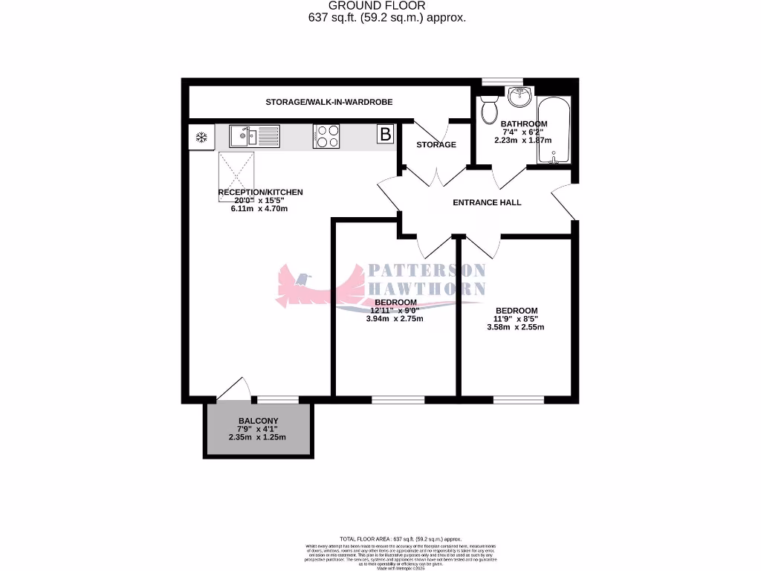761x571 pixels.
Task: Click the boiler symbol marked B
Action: tap(385, 135)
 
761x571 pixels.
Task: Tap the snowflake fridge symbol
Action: tap(201, 137)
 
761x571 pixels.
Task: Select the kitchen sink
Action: tap(254, 136)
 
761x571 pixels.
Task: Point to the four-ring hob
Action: tap(328, 136)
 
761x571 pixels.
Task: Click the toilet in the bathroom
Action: tap(489, 110)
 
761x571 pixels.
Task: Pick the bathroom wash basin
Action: tap(519, 97)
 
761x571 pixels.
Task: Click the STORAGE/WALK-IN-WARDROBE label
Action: tap(329, 102)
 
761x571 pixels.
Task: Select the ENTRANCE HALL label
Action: tap(488, 202)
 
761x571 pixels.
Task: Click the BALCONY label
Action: tap(258, 420)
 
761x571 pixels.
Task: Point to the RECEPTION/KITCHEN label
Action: tap(260, 192)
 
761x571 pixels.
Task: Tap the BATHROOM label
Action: tap(524, 123)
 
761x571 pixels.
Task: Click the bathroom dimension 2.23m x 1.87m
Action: tap(524, 140)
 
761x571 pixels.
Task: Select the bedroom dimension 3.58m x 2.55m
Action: tap(516, 327)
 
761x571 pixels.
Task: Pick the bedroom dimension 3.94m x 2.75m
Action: tap(395, 319)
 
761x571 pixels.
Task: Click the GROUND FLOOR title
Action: tap(387, 6)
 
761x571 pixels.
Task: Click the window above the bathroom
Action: tap(502, 82)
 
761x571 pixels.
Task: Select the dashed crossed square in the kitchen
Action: tap(237, 171)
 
